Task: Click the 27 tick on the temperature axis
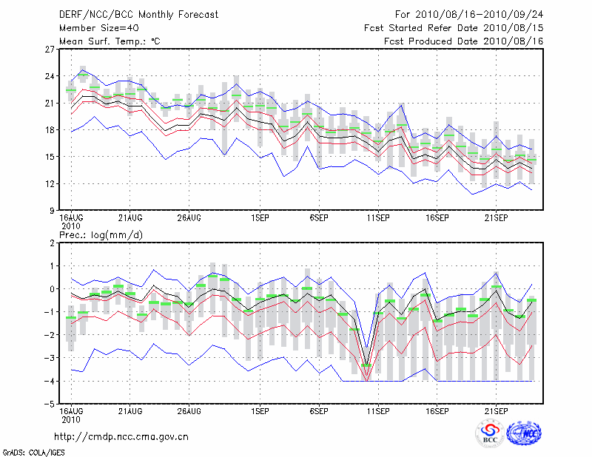point(50,50)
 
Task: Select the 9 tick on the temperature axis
point(53,211)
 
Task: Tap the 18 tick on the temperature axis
point(50,130)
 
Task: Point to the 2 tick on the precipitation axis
point(53,243)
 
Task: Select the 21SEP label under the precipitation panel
point(496,410)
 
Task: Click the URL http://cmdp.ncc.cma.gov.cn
point(121,436)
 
